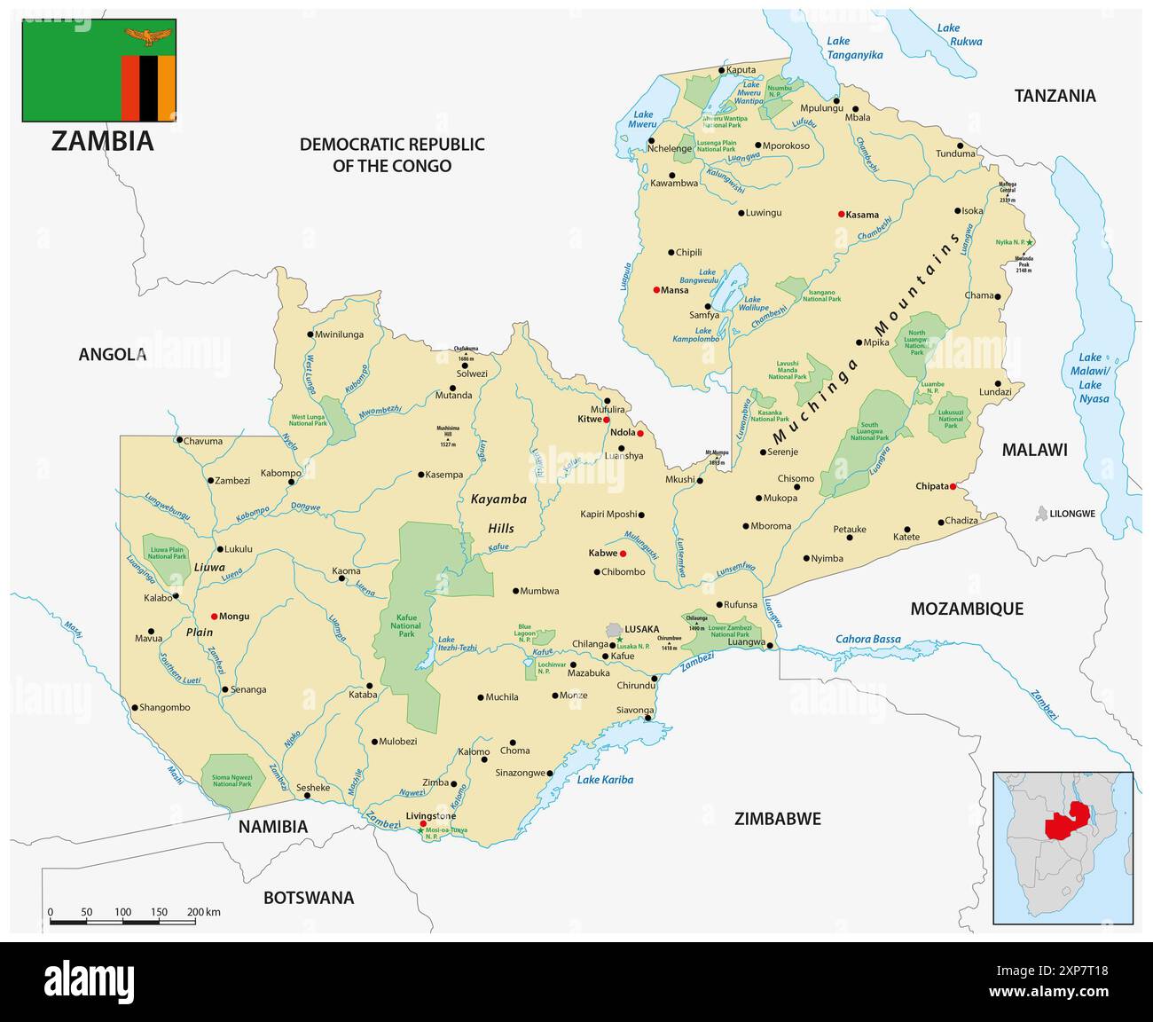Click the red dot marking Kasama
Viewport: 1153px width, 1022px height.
(x=841, y=214)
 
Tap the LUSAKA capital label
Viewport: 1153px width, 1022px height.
(x=641, y=629)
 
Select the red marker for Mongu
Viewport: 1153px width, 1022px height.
(x=214, y=616)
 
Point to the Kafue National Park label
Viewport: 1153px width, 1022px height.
(x=406, y=625)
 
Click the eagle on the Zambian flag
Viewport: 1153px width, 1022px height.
(x=149, y=37)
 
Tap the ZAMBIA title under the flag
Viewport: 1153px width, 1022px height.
(x=102, y=141)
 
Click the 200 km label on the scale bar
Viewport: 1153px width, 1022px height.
(x=203, y=912)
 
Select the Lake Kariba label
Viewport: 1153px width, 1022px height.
(x=605, y=780)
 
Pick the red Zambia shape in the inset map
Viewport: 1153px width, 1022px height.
(x=1069, y=822)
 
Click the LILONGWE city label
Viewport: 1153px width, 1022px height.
(x=1072, y=514)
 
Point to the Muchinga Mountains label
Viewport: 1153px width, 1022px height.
(x=866, y=339)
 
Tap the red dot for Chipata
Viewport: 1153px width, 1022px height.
(x=953, y=486)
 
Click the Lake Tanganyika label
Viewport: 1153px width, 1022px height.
(x=854, y=48)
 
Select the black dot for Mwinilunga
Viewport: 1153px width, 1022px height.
(x=310, y=334)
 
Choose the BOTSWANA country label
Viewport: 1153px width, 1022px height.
(x=309, y=898)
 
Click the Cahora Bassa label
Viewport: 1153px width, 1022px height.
(x=867, y=639)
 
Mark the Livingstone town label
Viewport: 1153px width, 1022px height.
(x=430, y=815)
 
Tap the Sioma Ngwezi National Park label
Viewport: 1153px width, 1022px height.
(x=231, y=781)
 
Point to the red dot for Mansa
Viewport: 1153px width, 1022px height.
(x=656, y=290)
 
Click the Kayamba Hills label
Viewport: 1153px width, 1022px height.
(x=498, y=513)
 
